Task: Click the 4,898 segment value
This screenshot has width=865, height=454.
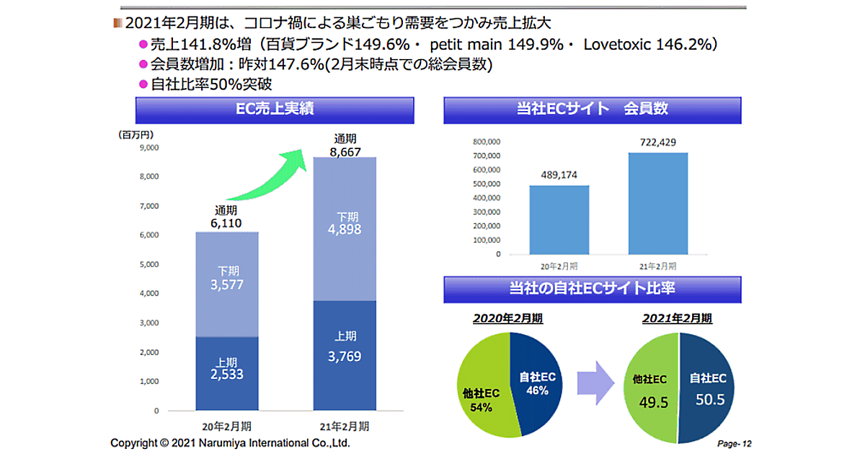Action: point(345,230)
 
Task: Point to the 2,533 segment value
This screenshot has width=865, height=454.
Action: point(226,374)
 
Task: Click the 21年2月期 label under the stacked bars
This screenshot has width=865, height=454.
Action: point(345,425)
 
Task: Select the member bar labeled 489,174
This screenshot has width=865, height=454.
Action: point(559,219)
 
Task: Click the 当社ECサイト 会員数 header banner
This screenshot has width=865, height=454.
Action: point(593,110)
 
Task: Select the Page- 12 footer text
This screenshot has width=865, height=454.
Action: point(735,443)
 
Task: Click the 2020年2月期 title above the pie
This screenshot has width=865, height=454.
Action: point(509,318)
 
